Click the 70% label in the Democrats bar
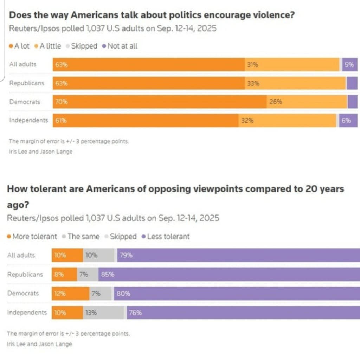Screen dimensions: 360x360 point(61,102)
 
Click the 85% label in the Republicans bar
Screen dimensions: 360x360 point(107,275)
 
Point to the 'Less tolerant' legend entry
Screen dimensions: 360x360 point(166,237)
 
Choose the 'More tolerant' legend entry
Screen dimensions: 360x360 point(32,237)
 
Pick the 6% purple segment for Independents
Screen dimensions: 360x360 point(348,120)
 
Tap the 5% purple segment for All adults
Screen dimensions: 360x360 point(349,65)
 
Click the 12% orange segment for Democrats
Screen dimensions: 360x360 point(71,294)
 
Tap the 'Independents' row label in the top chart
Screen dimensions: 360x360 point(28,120)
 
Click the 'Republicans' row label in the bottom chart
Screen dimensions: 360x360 point(25,275)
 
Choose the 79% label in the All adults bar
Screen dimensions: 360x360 point(126,256)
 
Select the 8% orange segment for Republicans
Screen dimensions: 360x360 point(64,275)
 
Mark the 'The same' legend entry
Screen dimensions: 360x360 point(81,237)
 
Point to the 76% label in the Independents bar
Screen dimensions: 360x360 point(135,312)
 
